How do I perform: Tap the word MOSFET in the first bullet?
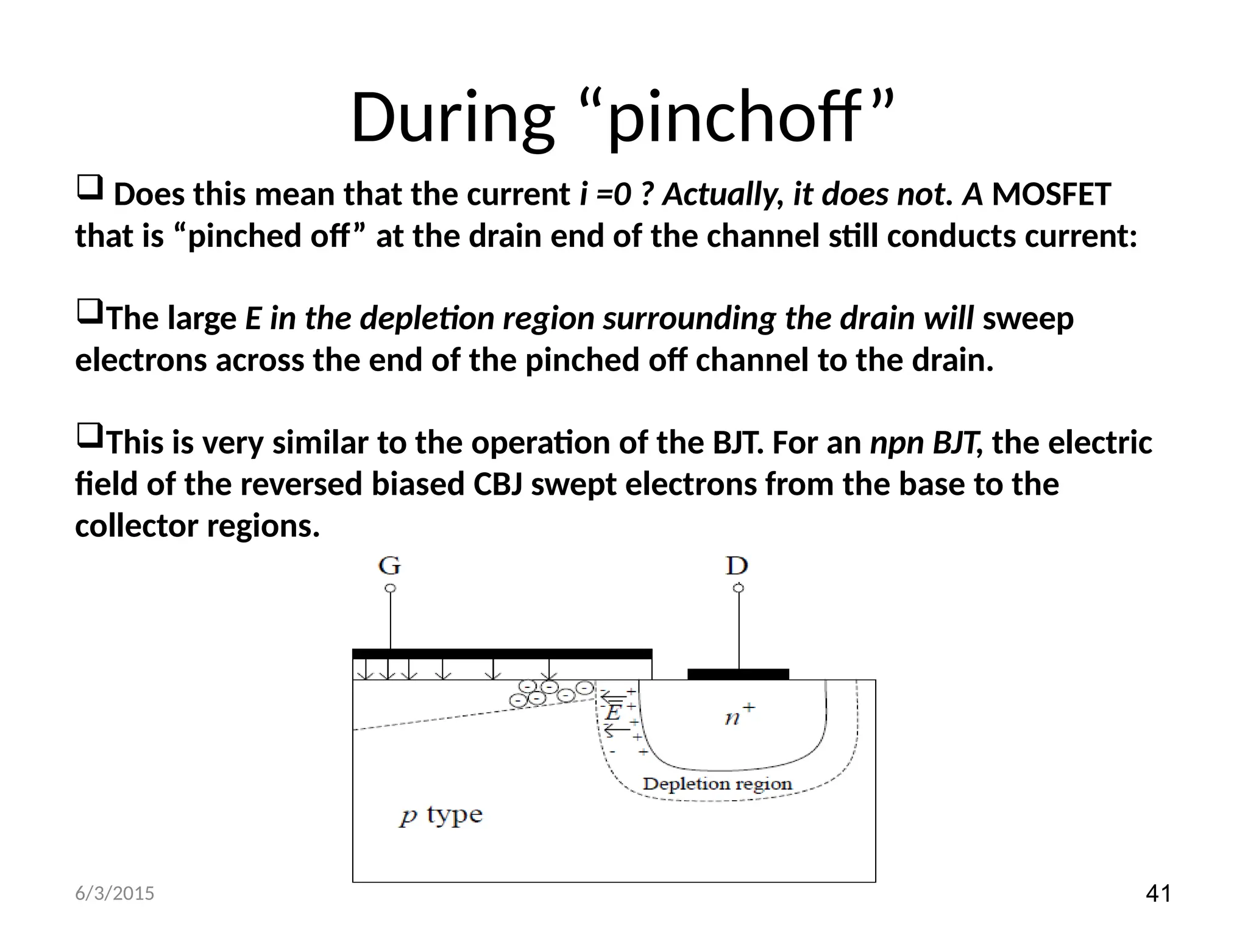pos(1051,195)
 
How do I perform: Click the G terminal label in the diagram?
pos(389,566)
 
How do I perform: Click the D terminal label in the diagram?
pos(737,566)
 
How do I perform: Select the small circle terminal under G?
pos(391,588)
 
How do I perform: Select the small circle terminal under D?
pos(739,588)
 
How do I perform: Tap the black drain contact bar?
pos(738,674)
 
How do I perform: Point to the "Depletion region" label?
pos(717,784)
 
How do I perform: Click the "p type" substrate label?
pos(441,815)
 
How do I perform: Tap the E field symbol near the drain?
pos(613,712)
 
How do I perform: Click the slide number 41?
pos(1158,894)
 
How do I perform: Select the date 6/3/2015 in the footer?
pos(115,894)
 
